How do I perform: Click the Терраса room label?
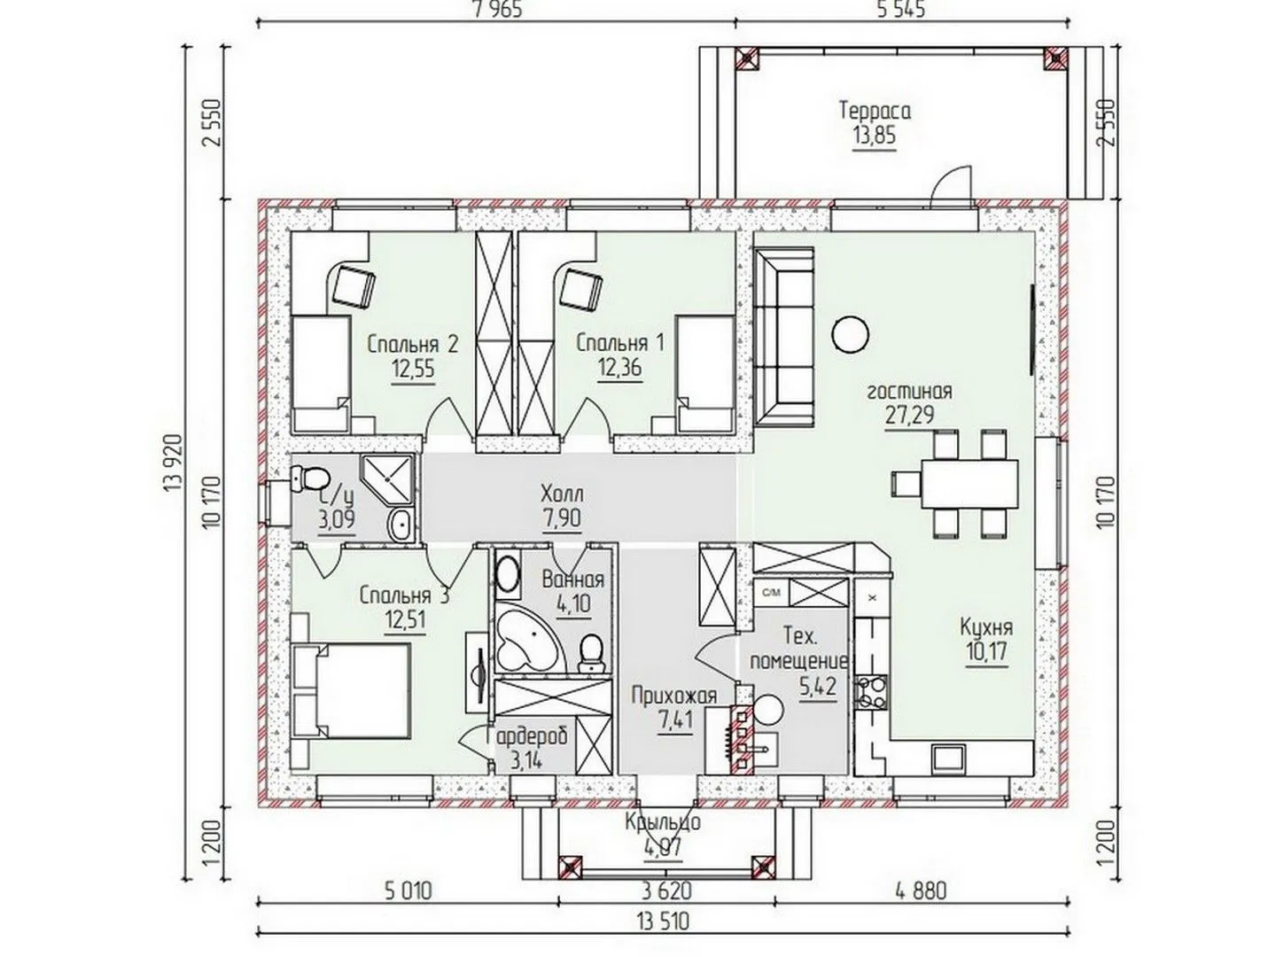[x=875, y=111]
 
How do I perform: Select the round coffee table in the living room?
[x=850, y=333]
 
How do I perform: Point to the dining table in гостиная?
[x=969, y=483]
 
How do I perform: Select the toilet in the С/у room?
[x=310, y=478]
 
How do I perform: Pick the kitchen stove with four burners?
[x=871, y=691]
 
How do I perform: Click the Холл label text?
[x=562, y=494]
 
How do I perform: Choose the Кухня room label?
[x=986, y=627]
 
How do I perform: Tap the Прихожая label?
[x=674, y=696]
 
